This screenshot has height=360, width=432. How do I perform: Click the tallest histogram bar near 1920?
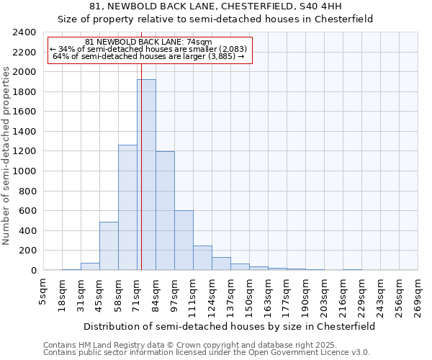146,175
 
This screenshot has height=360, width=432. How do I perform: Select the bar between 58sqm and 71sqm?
127,207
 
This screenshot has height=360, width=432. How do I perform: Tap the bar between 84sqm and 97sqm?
165,211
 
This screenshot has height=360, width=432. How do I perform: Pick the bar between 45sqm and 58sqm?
109,246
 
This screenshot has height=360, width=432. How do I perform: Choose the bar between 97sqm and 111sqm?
184,240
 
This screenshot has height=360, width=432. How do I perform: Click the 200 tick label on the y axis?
27,251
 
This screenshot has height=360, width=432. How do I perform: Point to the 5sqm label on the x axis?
43,292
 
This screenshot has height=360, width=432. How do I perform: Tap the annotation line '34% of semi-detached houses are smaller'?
149,49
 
